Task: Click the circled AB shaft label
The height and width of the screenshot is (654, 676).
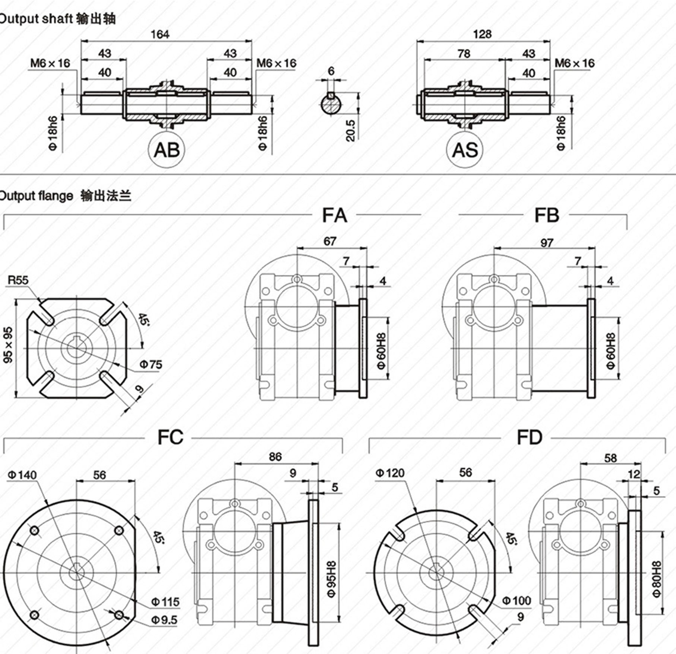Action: point(167,150)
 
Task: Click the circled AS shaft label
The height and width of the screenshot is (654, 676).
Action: point(465,150)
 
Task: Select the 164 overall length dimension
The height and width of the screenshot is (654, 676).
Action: point(160,34)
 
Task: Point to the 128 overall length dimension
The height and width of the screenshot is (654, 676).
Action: point(482,34)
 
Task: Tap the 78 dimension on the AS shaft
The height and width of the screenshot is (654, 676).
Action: point(464,54)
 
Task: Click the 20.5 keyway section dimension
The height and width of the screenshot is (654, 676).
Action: point(351,131)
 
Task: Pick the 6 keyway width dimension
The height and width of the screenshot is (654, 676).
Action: point(331,71)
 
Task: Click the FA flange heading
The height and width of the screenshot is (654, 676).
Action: point(334,216)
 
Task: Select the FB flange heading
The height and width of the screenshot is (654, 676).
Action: point(547,216)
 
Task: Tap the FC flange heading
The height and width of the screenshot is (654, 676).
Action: point(170,437)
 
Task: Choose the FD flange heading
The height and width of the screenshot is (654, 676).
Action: point(529,437)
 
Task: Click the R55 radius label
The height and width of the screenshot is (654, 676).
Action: point(18,280)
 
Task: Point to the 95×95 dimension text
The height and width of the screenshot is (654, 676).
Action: point(8,345)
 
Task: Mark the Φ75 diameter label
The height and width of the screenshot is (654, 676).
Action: point(151,364)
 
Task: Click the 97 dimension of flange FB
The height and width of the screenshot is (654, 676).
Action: point(546,243)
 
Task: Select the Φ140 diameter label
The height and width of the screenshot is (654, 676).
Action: point(22,475)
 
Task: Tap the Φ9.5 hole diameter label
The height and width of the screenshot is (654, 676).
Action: point(164,620)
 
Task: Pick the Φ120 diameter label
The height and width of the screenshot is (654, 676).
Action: point(390,473)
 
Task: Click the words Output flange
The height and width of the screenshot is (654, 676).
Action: point(36,196)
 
